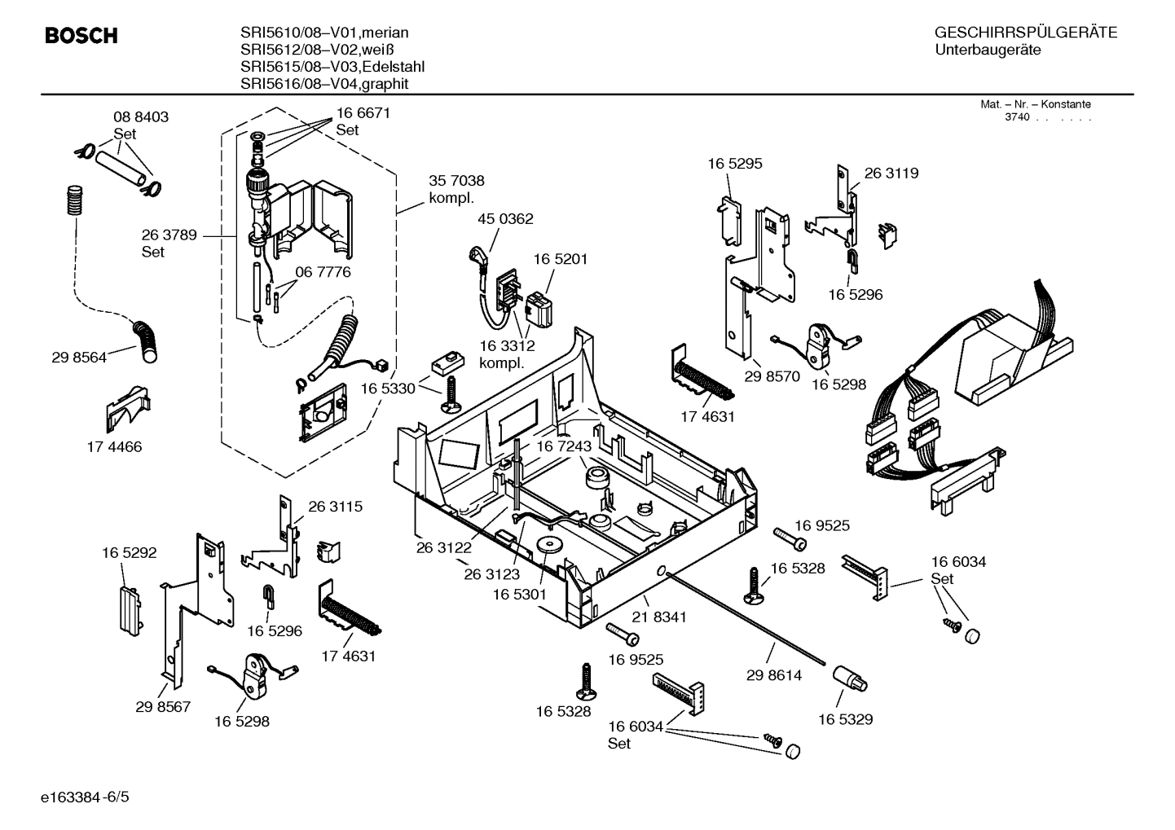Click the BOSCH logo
(x=81, y=36)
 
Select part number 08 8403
(x=140, y=117)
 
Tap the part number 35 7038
(x=456, y=181)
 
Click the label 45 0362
(x=505, y=218)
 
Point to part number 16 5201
(x=561, y=259)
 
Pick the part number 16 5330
(x=388, y=389)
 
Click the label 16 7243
(x=563, y=447)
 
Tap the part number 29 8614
(x=774, y=675)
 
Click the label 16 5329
(x=845, y=719)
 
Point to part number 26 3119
(x=891, y=173)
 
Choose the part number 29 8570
(x=772, y=377)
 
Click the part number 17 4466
(x=114, y=447)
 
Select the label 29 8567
(x=163, y=707)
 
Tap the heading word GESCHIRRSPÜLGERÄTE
(x=1025, y=33)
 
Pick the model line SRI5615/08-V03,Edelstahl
(x=332, y=67)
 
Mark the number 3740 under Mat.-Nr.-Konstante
(x=1016, y=117)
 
